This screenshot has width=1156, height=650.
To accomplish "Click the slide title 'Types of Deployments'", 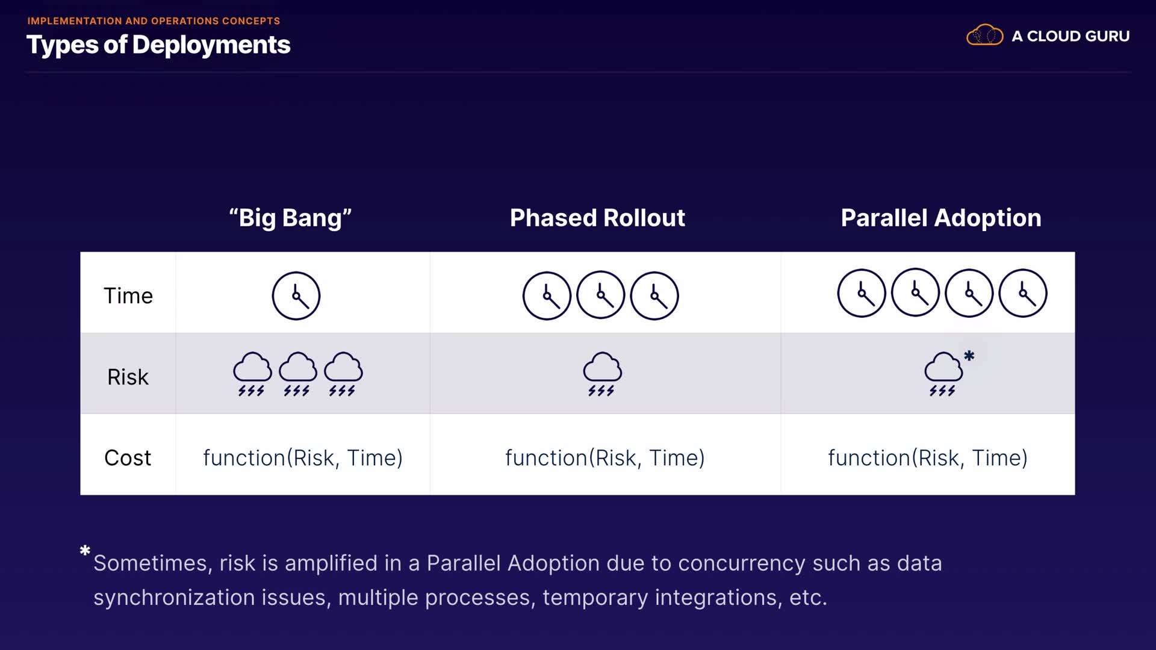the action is (x=158, y=45).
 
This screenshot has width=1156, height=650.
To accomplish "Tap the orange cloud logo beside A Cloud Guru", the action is (x=984, y=35).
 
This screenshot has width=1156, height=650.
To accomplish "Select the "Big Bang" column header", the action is (x=290, y=218).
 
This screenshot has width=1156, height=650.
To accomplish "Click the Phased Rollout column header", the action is (x=597, y=218).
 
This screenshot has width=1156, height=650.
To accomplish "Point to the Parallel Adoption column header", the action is (x=940, y=218).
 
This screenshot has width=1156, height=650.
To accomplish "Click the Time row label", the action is (x=128, y=296).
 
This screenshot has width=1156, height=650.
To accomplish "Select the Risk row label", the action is (x=128, y=377).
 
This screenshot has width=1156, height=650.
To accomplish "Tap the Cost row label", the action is (x=128, y=457).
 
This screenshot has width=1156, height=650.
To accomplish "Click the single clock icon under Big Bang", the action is (x=296, y=296).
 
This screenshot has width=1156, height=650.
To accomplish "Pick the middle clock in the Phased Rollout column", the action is (x=601, y=295).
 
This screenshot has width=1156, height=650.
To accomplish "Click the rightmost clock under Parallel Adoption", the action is (x=1023, y=293).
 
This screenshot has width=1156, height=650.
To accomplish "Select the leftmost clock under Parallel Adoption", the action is (x=862, y=293).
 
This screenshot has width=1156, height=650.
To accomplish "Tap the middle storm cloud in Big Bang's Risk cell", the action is (x=297, y=374).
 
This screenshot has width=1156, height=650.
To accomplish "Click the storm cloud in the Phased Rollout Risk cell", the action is (x=602, y=374).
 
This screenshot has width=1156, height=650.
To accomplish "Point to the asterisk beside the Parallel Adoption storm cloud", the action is (x=969, y=356).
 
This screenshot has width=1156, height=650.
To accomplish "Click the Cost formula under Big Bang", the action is (x=303, y=458).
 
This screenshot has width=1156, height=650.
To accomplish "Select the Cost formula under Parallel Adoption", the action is (x=928, y=458).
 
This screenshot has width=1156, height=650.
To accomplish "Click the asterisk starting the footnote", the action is (x=85, y=550).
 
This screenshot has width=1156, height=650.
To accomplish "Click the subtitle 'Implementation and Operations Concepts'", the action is (x=154, y=21).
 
